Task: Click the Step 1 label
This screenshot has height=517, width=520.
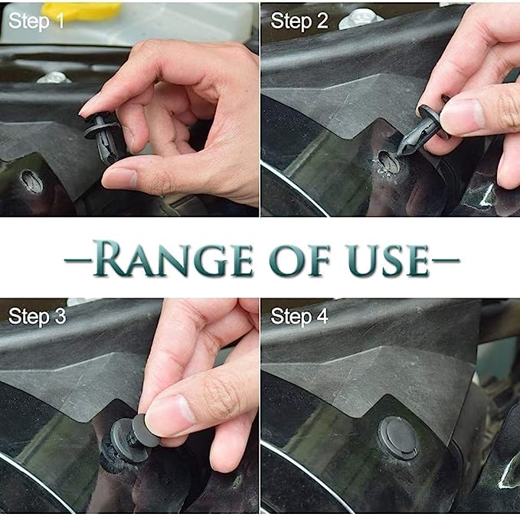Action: pos(36,21)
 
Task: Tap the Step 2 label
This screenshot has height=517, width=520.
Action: pos(299,21)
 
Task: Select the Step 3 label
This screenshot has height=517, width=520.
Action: pos(37,316)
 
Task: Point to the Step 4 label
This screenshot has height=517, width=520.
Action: pos(299,316)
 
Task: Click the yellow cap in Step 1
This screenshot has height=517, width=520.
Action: pos(82,12)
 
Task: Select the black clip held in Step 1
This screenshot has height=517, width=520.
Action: pos(102,137)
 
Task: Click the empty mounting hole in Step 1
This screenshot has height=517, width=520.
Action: pos(32,181)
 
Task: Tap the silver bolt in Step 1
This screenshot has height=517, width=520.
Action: pos(54,77)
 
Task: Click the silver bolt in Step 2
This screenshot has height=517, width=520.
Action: pos(361,18)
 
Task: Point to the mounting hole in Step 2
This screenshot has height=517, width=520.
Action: pos(388,162)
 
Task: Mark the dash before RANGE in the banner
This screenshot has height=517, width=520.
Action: pos(77,260)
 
